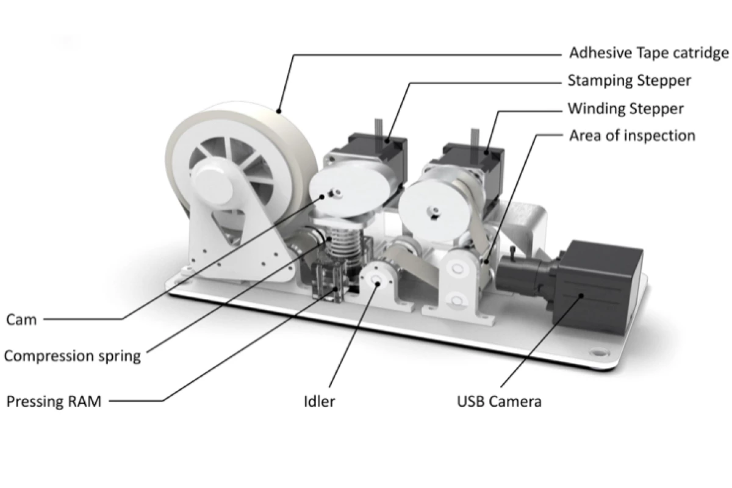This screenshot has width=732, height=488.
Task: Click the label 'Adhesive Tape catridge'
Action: coord(648,53)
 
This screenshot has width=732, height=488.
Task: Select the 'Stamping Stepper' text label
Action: coord(629,81)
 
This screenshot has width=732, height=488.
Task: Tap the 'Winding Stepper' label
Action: coord(625,109)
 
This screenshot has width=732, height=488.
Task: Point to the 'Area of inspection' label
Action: coord(632,135)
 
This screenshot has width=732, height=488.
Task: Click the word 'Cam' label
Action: coord(21,319)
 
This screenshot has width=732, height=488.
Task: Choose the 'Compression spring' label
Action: coord(73,356)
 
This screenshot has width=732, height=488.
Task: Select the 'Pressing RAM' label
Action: coord(54,402)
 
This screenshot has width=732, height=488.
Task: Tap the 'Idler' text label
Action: coord(319,402)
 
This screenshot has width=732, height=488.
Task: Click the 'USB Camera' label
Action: coord(499,402)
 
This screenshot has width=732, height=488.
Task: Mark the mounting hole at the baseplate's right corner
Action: coord(597,353)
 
